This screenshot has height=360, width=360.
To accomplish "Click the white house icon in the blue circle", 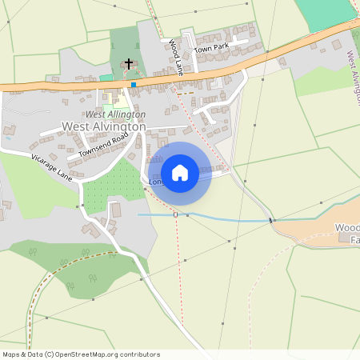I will [180, 172].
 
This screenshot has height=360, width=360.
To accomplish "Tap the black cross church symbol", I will [128, 62].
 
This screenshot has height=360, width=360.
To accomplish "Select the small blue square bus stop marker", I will [134, 84].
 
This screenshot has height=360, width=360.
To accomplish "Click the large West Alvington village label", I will [104, 126].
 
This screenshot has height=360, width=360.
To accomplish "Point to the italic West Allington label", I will [115, 114].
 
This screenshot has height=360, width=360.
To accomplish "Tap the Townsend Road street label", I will [104, 145].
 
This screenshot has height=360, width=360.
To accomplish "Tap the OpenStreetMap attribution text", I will [80, 354].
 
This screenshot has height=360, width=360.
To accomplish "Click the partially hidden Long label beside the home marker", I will [156, 182].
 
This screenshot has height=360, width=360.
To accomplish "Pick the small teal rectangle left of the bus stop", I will [106, 78].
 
